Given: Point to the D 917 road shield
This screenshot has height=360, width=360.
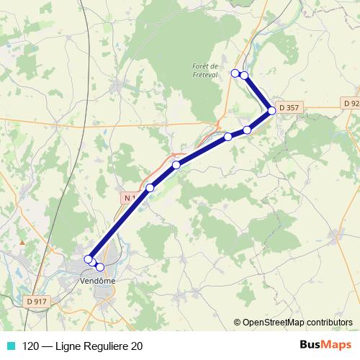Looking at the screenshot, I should click(35, 300).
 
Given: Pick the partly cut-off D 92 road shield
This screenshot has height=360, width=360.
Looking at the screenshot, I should click(351, 104).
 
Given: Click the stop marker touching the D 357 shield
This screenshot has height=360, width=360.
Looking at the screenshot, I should click(272, 110).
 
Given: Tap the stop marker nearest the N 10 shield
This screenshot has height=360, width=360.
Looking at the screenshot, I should click(150, 188).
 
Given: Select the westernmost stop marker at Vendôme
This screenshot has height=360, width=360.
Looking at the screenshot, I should click(89, 259).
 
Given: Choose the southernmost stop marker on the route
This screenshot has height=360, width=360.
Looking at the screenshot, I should click(100, 267).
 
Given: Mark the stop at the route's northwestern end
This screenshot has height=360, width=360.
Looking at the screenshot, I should click(235, 73).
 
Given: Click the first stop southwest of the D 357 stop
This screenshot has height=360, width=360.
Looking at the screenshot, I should click(247, 130).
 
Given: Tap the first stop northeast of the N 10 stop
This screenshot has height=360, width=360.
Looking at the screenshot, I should click(176, 165).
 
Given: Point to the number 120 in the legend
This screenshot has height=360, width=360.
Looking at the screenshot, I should click(31, 345).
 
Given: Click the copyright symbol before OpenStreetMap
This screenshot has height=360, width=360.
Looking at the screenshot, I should click(238, 323).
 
